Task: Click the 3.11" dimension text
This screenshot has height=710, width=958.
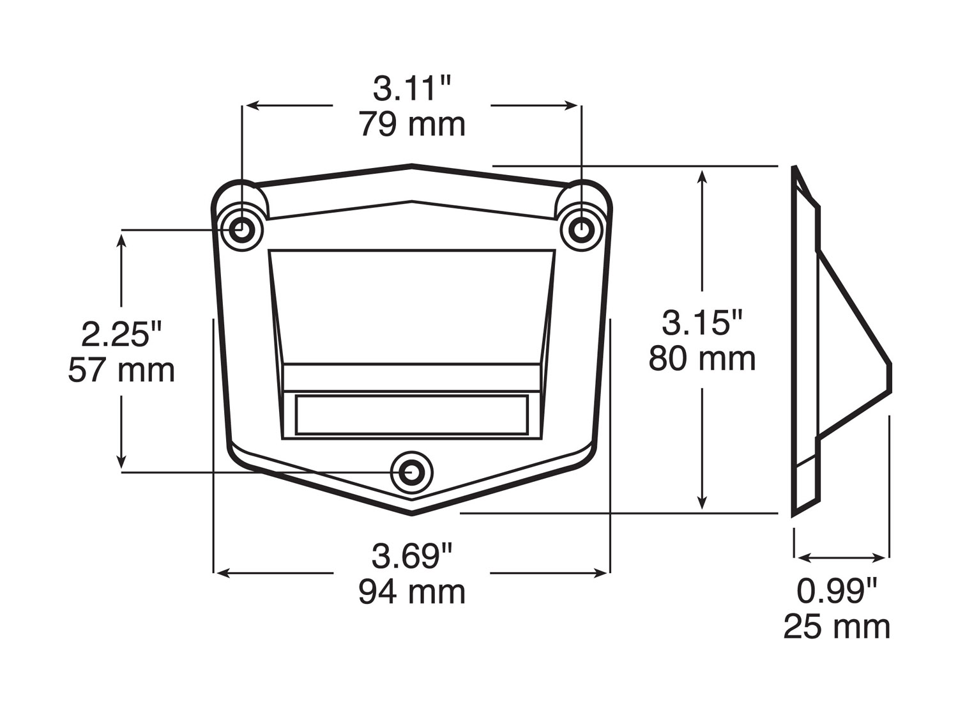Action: (x=412, y=89)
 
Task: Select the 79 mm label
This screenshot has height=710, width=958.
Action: (x=413, y=125)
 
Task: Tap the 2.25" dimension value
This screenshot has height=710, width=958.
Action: (x=121, y=334)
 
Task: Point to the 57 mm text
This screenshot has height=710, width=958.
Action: (x=121, y=371)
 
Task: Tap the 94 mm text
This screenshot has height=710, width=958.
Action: (x=412, y=592)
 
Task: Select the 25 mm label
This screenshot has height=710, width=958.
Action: (x=837, y=626)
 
